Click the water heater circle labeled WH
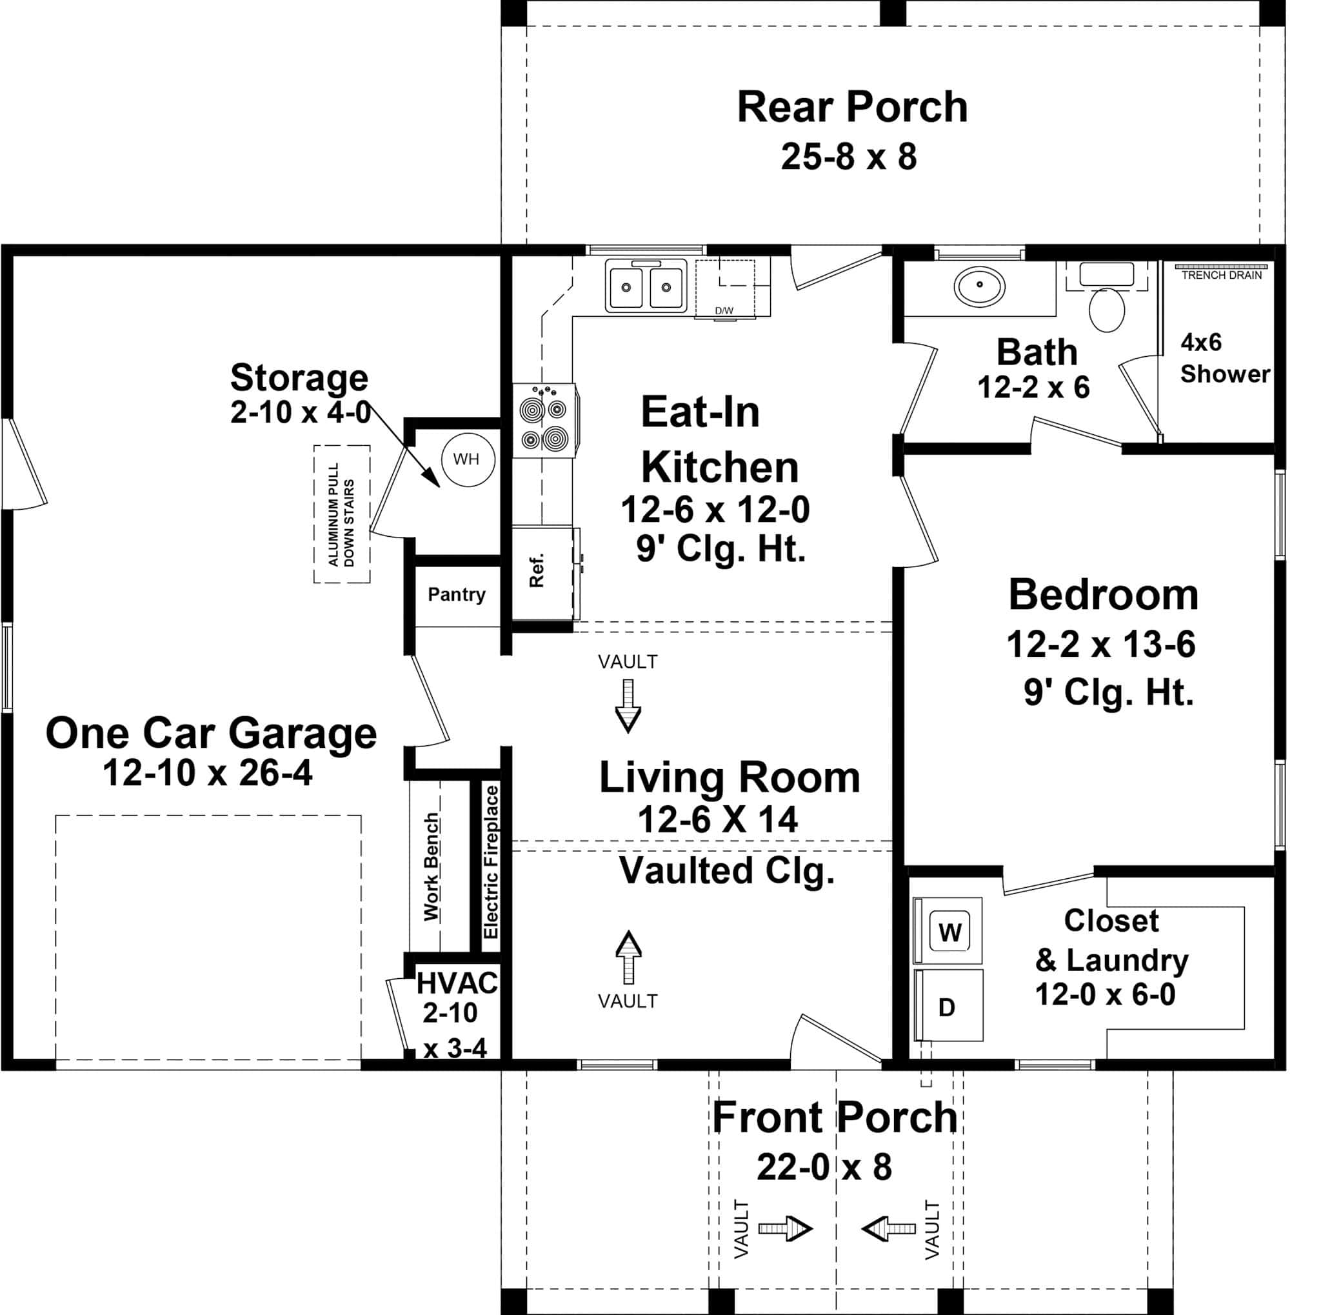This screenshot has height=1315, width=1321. coord(466,459)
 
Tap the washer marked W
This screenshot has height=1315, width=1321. coord(949,931)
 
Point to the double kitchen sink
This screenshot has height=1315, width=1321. coord(646,286)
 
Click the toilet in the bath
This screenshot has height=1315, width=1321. coord(1106,309)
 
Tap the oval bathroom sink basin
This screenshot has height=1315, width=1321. coord(980,285)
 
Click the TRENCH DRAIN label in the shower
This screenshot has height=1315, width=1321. coord(1221,276)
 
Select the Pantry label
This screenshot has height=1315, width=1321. coord(456,594)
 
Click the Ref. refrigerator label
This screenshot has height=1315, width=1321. coord(537,571)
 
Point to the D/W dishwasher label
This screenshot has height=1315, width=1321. coord(724,310)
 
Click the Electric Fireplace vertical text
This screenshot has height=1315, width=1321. coord(491,862)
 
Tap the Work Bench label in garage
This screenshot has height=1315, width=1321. coord(431,867)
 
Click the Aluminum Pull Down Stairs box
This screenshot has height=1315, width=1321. coord(341,514)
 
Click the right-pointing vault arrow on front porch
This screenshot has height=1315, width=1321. coord(785,1229)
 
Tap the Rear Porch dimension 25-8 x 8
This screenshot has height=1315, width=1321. coord(849,157)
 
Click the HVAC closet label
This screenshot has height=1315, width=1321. coord(456,983)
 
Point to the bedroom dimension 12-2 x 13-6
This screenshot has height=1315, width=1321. coord(1100,644)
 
